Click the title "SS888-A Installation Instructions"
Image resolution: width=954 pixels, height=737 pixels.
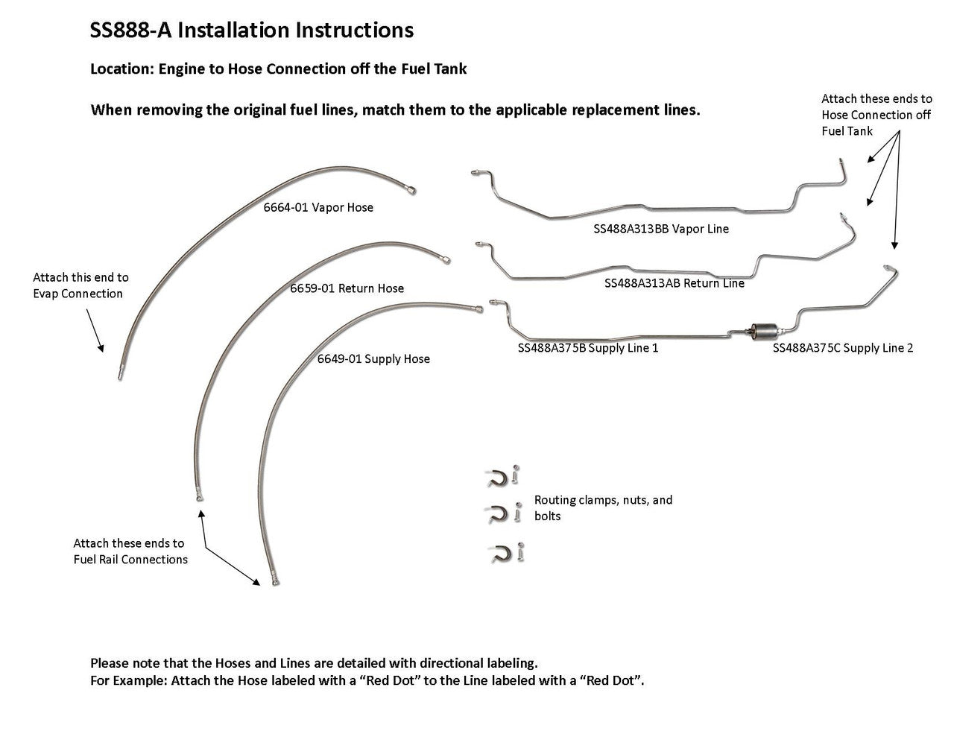[x=251, y=31]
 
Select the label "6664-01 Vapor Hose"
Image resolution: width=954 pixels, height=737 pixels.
[x=318, y=208]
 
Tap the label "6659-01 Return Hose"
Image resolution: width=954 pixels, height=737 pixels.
[x=347, y=288]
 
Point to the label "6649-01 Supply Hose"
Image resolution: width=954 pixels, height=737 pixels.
[x=373, y=359]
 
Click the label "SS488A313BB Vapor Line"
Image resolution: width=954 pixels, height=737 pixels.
[x=660, y=230]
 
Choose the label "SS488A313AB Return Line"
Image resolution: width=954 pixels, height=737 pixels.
[x=674, y=283]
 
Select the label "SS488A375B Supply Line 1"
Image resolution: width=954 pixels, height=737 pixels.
[x=588, y=348]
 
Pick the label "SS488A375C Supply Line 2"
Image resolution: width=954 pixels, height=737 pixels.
[x=842, y=348]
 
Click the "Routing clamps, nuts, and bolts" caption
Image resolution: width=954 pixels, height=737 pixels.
[x=603, y=507]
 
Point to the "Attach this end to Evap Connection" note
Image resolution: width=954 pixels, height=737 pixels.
[x=80, y=285]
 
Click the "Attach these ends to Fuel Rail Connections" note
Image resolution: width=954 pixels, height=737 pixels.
[x=130, y=551]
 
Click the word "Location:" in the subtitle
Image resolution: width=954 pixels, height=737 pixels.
[x=121, y=69]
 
